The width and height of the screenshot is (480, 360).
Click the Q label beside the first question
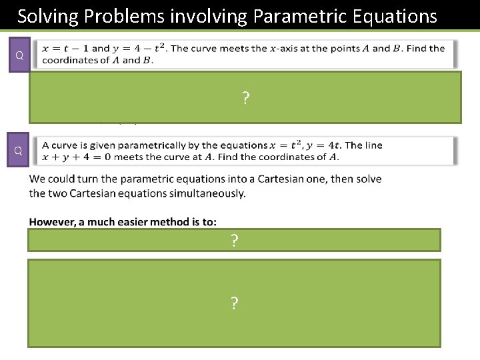[19, 55]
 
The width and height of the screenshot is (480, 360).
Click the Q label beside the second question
[19, 151]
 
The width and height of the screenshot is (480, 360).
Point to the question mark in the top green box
[245, 99]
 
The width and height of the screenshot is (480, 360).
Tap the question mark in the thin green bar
[234, 241]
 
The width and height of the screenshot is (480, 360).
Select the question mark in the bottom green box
[234, 303]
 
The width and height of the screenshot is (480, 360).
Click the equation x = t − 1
[65, 48]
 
